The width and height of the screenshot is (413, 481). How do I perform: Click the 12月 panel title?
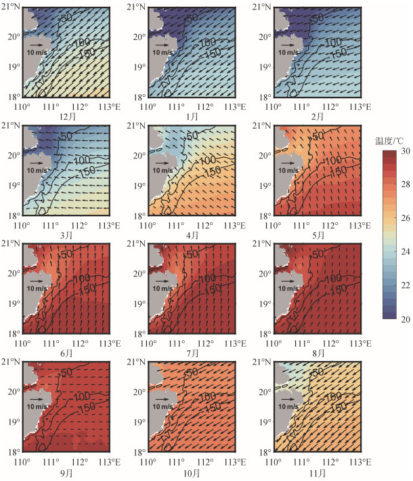67,117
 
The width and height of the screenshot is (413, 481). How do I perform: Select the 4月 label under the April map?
192,235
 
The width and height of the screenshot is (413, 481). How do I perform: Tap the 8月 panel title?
318,353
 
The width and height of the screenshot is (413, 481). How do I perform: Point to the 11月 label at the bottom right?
318,473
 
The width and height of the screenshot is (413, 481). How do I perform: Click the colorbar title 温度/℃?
389,141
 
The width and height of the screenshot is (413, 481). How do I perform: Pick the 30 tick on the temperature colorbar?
406,151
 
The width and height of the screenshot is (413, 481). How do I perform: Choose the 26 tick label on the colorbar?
406,218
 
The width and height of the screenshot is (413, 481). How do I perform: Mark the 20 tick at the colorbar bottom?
406,319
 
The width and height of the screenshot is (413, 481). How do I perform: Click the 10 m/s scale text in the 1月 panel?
162,52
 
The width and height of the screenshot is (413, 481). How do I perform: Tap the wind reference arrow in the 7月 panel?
162,281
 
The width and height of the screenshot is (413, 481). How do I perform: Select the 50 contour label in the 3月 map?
66,136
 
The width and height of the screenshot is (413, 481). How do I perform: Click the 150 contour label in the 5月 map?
339,171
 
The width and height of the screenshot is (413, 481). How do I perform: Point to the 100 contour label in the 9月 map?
82,396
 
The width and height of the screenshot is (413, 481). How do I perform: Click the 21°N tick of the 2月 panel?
261,7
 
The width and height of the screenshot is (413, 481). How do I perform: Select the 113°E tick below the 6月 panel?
110,343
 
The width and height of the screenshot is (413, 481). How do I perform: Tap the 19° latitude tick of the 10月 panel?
139,422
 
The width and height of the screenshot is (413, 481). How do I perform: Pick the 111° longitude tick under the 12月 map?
51,107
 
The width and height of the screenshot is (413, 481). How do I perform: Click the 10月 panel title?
192,473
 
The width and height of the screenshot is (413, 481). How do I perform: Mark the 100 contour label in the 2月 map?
333,42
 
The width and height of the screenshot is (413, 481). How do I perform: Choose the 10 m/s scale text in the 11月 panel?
288,406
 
